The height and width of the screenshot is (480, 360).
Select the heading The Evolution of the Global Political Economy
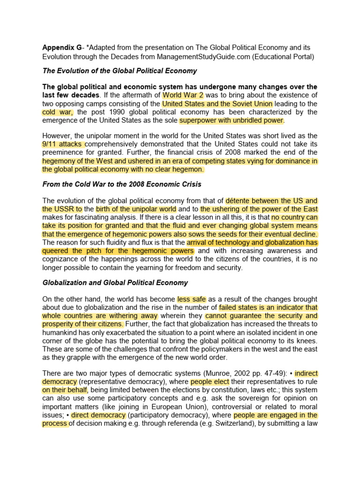pos(120,71)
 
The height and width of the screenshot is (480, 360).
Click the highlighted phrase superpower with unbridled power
pos(232,120)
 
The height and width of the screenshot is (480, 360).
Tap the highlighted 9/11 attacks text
pos(64,144)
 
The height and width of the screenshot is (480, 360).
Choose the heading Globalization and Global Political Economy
pos(115,283)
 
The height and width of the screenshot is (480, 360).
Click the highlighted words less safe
pos(191,299)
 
